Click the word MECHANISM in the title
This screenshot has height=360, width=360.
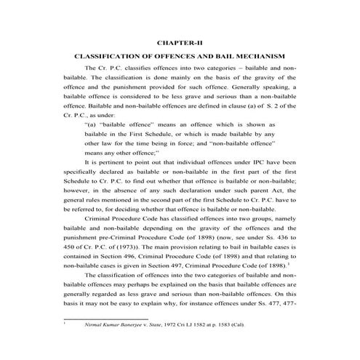(262, 56)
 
